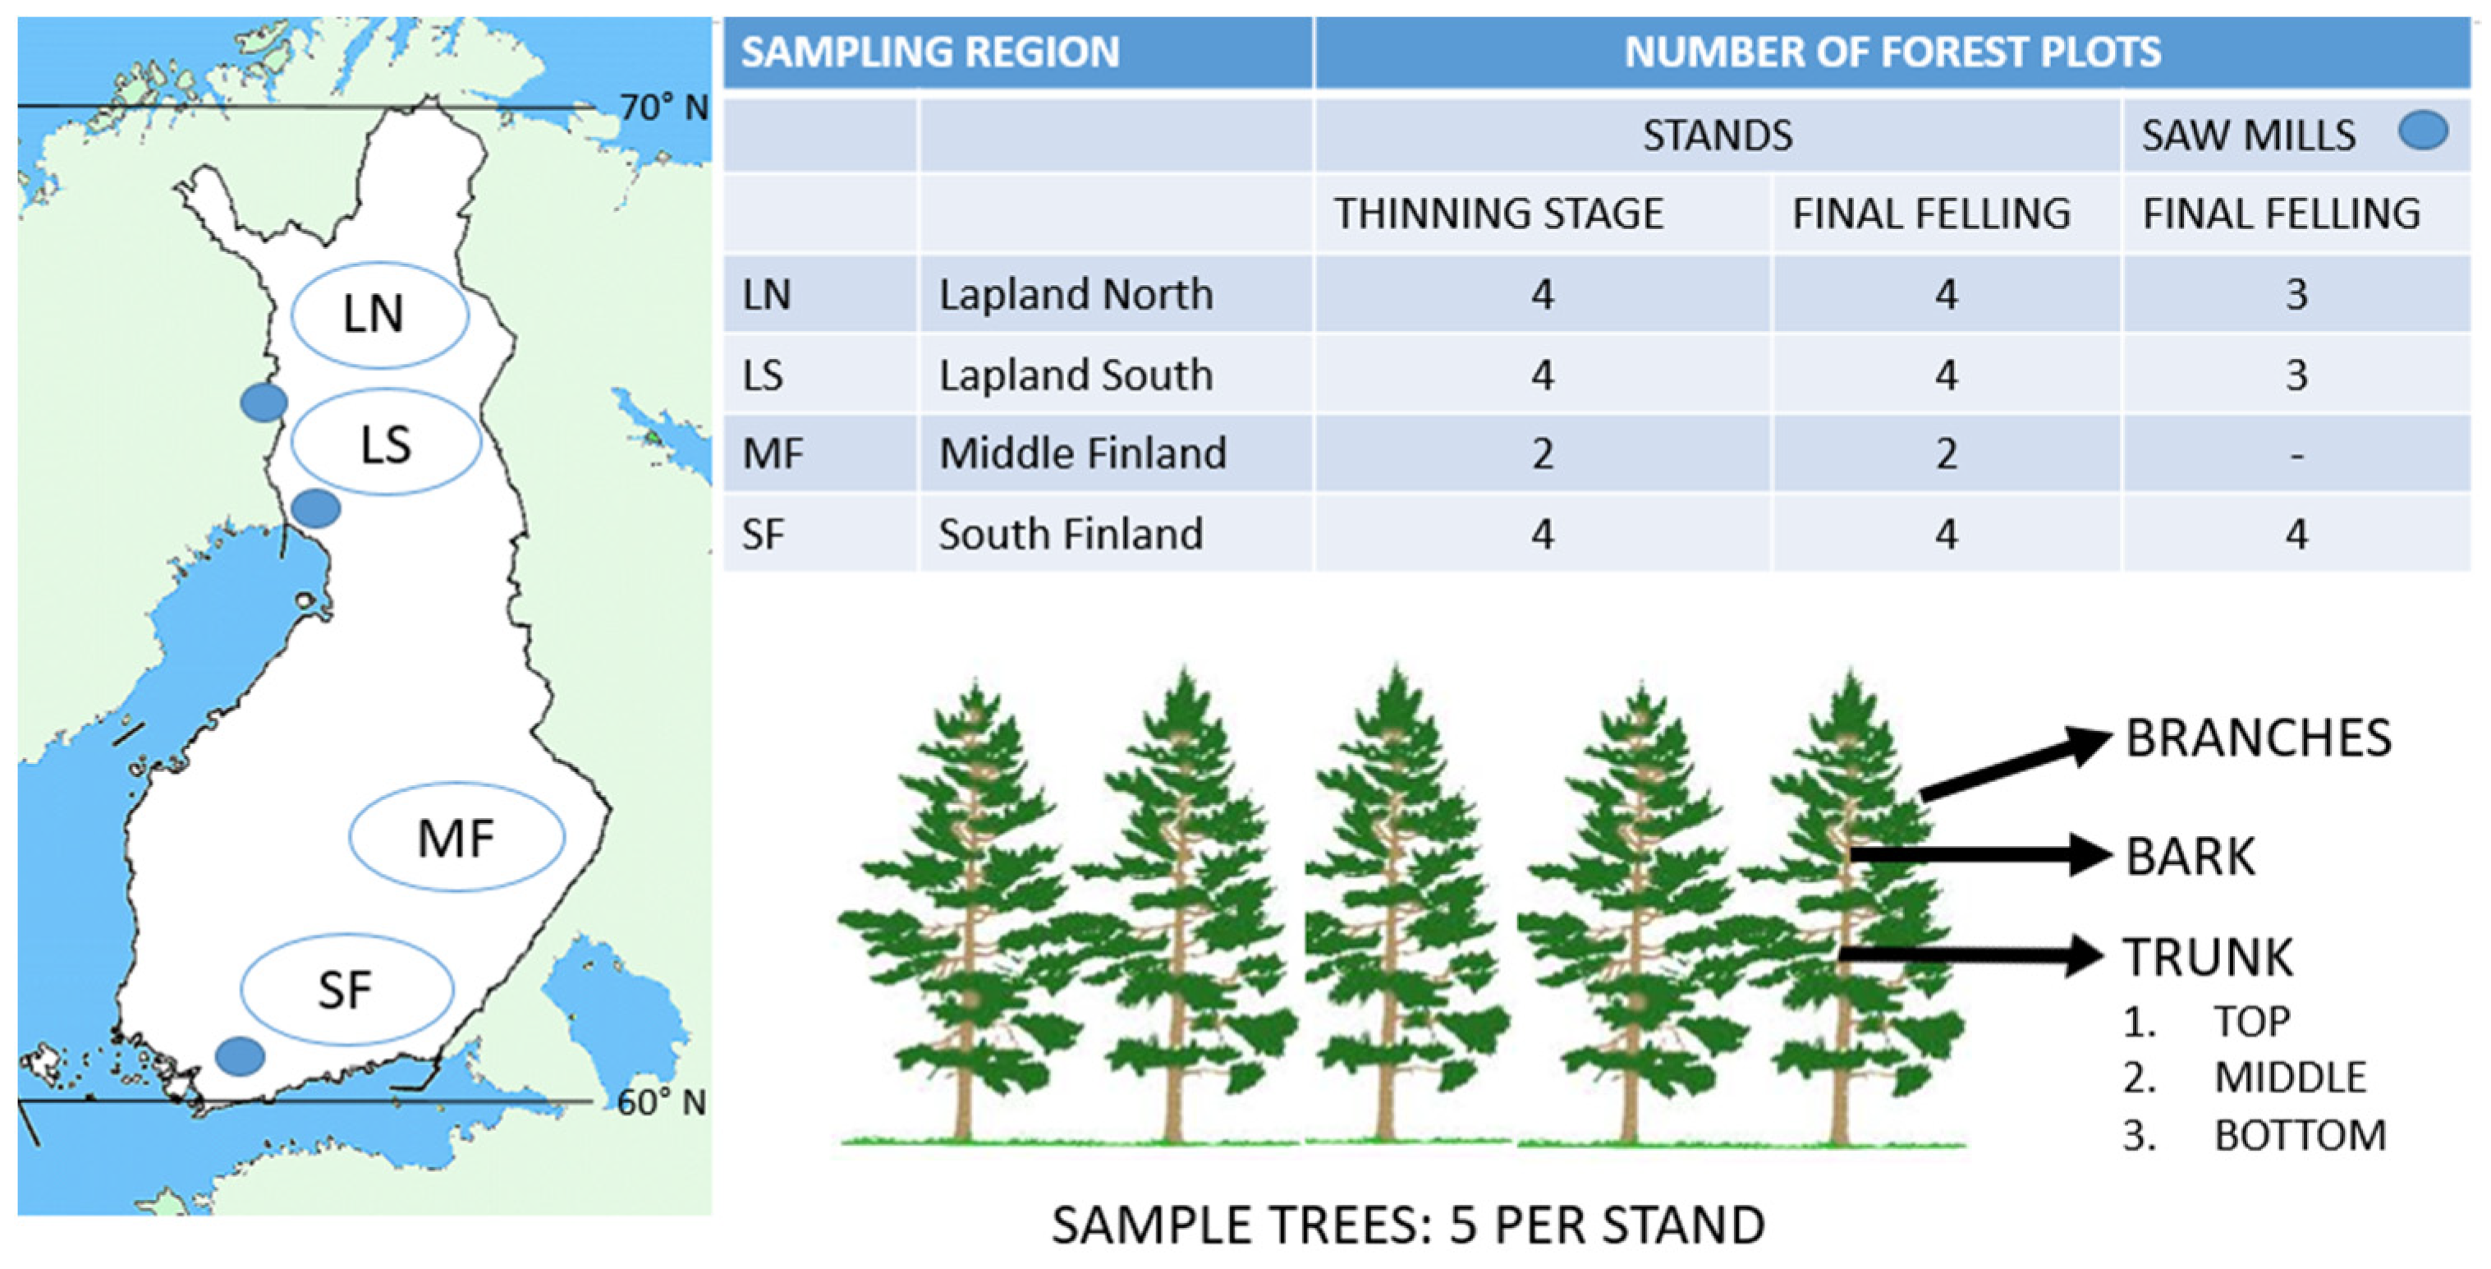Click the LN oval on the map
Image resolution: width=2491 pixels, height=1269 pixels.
[294, 315]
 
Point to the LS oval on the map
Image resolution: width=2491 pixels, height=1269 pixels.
[292, 443]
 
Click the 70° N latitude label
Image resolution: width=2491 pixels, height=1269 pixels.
[663, 108]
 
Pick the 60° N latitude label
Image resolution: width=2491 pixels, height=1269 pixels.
[662, 1101]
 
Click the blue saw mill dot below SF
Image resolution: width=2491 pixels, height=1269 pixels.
[240, 1056]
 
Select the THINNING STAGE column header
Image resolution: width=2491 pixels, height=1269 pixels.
[1499, 214]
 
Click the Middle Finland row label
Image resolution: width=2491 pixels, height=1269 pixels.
[1082, 453]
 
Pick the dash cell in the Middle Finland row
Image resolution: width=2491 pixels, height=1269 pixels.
[2296, 454]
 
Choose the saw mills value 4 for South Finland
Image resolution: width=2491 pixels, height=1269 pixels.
[2296, 535]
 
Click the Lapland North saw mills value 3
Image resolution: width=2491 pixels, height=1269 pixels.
[2296, 294]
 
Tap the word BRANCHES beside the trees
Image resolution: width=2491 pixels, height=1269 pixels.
[2258, 738]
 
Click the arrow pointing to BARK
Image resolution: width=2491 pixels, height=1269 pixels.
[1980, 855]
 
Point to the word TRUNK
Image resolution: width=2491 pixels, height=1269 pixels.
[2208, 957]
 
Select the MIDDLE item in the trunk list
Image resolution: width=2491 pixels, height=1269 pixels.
[2290, 1078]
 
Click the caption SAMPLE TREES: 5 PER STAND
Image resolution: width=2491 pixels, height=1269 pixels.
[1408, 1225]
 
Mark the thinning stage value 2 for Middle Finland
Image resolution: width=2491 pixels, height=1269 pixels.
[1543, 453]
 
